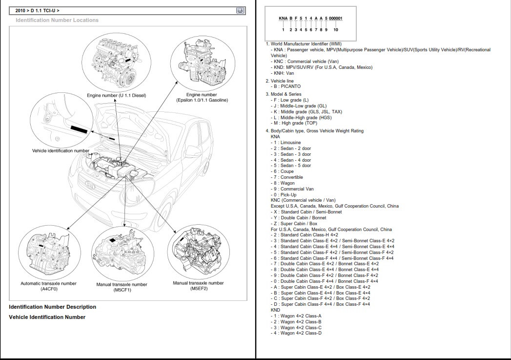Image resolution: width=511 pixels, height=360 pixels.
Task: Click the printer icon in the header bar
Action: point(240,10)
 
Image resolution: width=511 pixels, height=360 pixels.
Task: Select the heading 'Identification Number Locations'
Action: point(57,20)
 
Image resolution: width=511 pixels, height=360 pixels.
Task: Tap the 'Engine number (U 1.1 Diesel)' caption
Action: point(117,95)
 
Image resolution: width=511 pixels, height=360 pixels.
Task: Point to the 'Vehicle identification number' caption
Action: point(61,151)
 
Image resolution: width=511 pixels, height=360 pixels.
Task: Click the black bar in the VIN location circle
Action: point(79,130)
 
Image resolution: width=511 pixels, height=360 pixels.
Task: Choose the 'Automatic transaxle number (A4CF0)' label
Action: point(48,286)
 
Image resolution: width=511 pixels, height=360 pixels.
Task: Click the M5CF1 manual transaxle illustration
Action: point(122,253)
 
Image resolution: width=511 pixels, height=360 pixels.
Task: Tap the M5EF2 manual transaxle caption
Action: point(198,286)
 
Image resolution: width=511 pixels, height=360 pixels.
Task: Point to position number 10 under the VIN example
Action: point(335,30)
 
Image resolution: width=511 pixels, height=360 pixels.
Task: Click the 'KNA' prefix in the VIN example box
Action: point(283,19)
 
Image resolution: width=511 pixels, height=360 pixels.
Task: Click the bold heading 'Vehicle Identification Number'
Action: point(47,317)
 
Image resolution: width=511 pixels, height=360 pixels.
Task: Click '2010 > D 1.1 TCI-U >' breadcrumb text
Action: point(38,10)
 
